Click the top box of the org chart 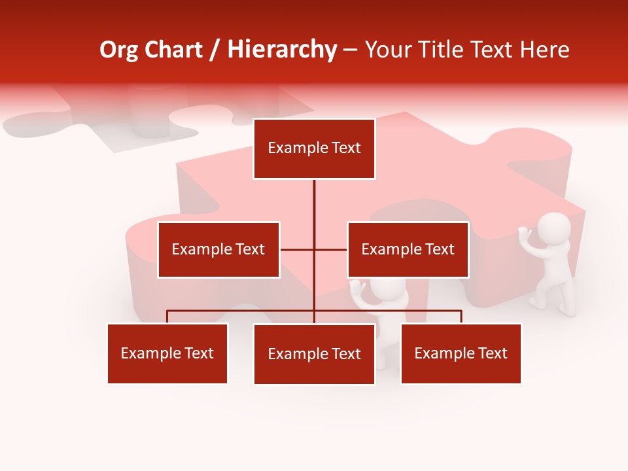click(x=314, y=148)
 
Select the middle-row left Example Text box click(x=218, y=249)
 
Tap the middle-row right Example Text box click(x=408, y=249)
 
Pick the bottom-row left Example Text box click(x=167, y=353)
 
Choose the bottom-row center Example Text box click(x=314, y=354)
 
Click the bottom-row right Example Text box click(x=461, y=353)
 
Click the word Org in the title click(x=119, y=50)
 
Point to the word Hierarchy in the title click(x=282, y=50)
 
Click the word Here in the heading click(x=544, y=50)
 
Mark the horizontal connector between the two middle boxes click(x=314, y=249)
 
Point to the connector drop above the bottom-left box click(x=167, y=317)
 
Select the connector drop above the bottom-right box click(x=461, y=317)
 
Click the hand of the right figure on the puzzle click(x=524, y=232)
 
